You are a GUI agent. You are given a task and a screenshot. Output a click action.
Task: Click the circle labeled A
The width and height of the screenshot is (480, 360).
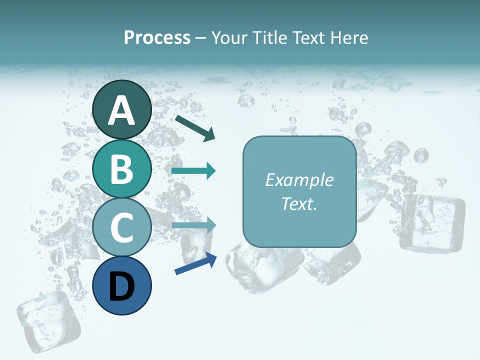click(x=122, y=109)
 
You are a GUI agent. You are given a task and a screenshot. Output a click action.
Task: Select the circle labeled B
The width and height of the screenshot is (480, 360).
click(x=122, y=168)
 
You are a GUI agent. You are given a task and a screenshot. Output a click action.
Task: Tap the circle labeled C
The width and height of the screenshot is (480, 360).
click(x=122, y=227)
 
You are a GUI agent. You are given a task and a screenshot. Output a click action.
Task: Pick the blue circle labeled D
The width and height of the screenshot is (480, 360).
click(x=122, y=285)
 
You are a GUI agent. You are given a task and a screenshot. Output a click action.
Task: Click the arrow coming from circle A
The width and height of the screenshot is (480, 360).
click(x=194, y=127)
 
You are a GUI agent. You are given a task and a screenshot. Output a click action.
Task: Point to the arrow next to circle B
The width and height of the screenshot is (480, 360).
click(x=193, y=171)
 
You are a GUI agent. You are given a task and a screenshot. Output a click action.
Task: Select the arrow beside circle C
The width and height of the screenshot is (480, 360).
click(x=193, y=225)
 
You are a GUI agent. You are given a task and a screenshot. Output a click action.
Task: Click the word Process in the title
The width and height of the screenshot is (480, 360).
click(x=157, y=37)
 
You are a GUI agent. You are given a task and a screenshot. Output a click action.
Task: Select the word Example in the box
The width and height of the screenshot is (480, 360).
click(x=299, y=180)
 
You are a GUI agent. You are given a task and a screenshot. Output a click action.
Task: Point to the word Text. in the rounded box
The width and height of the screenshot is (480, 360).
click(x=299, y=203)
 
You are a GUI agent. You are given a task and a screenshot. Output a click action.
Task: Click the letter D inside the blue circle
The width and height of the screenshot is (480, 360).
click(x=122, y=286)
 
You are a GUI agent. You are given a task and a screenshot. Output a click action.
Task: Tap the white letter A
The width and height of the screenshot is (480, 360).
click(x=122, y=110)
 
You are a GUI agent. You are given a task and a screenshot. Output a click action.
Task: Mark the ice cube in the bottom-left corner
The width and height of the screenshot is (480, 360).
click(x=48, y=320)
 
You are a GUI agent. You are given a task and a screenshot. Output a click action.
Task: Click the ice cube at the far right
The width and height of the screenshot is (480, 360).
click(x=432, y=222)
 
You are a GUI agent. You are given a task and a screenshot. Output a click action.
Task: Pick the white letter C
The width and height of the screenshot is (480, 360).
click(x=122, y=227)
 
